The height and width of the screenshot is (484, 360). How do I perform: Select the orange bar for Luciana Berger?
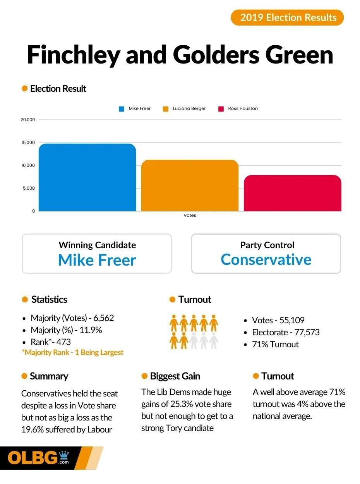[190, 185]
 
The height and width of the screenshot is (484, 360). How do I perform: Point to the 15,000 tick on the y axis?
[28, 143]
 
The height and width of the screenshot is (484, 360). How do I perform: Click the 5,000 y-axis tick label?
[28, 188]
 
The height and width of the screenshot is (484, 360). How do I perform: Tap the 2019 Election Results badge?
[287, 17]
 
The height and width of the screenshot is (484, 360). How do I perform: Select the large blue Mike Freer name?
[97, 260]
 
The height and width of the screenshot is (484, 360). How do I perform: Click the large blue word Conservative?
[266, 259]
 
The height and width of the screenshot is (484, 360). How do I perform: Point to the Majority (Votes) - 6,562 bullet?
[72, 318]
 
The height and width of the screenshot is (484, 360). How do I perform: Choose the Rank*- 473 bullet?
[51, 342]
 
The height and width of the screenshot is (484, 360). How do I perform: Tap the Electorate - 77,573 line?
[286, 332]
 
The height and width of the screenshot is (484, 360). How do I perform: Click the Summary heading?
[49, 376]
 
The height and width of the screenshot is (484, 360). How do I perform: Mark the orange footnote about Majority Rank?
[73, 352]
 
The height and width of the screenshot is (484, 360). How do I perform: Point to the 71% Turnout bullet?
[275, 344]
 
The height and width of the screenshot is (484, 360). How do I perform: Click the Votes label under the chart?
[190, 215]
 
